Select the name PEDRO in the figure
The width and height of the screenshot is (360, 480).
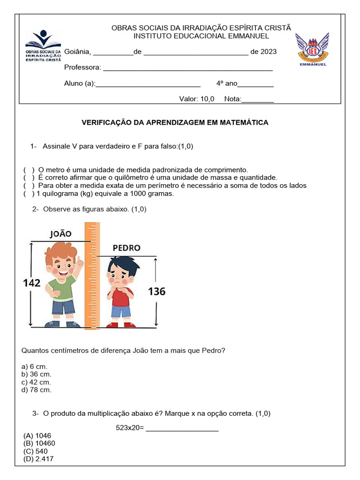tap(127, 247)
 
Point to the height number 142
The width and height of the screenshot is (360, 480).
tap(32, 283)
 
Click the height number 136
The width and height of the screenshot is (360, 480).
tap(157, 292)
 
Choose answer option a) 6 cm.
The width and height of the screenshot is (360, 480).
tap(35, 367)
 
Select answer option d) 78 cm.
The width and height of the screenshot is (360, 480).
tap(37, 390)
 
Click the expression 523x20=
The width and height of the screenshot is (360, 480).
tap(129, 427)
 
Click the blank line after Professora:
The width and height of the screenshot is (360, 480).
tap(187, 68)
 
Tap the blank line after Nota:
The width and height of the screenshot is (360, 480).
tap(257, 99)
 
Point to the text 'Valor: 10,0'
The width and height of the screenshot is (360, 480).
tap(197, 99)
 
